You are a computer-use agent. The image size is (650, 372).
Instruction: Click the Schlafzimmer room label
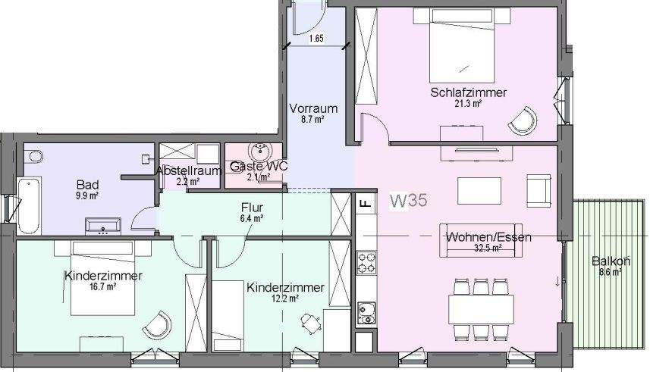tap(468, 92)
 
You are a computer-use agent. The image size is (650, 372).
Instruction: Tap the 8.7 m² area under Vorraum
tap(312, 120)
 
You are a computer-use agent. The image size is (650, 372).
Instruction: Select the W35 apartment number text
tap(409, 201)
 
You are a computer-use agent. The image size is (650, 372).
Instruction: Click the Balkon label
tap(611, 262)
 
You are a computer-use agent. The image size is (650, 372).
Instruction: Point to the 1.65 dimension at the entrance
tap(316, 38)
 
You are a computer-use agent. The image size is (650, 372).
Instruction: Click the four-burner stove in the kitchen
tap(367, 263)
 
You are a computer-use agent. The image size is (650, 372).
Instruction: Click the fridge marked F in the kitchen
tap(365, 203)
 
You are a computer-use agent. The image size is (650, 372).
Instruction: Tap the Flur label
tap(252, 207)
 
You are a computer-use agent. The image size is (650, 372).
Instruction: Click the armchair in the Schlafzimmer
tap(523, 119)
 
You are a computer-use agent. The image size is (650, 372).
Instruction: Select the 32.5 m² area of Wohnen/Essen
tap(488, 248)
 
